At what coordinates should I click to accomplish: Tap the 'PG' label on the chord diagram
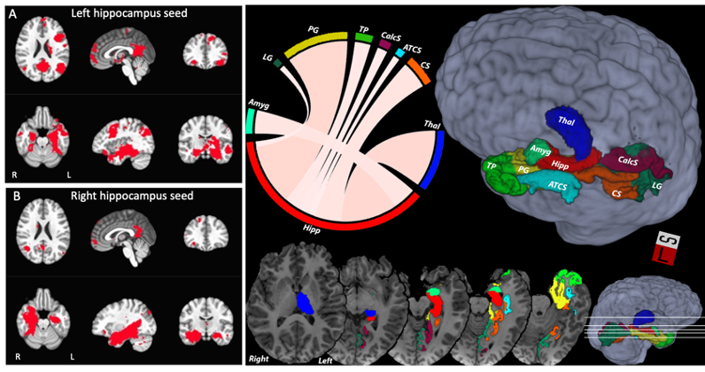[314, 29]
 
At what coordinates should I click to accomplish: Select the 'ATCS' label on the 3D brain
[558, 186]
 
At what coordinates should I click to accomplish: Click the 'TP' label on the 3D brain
[491, 166]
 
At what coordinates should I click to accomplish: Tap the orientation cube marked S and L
[670, 249]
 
